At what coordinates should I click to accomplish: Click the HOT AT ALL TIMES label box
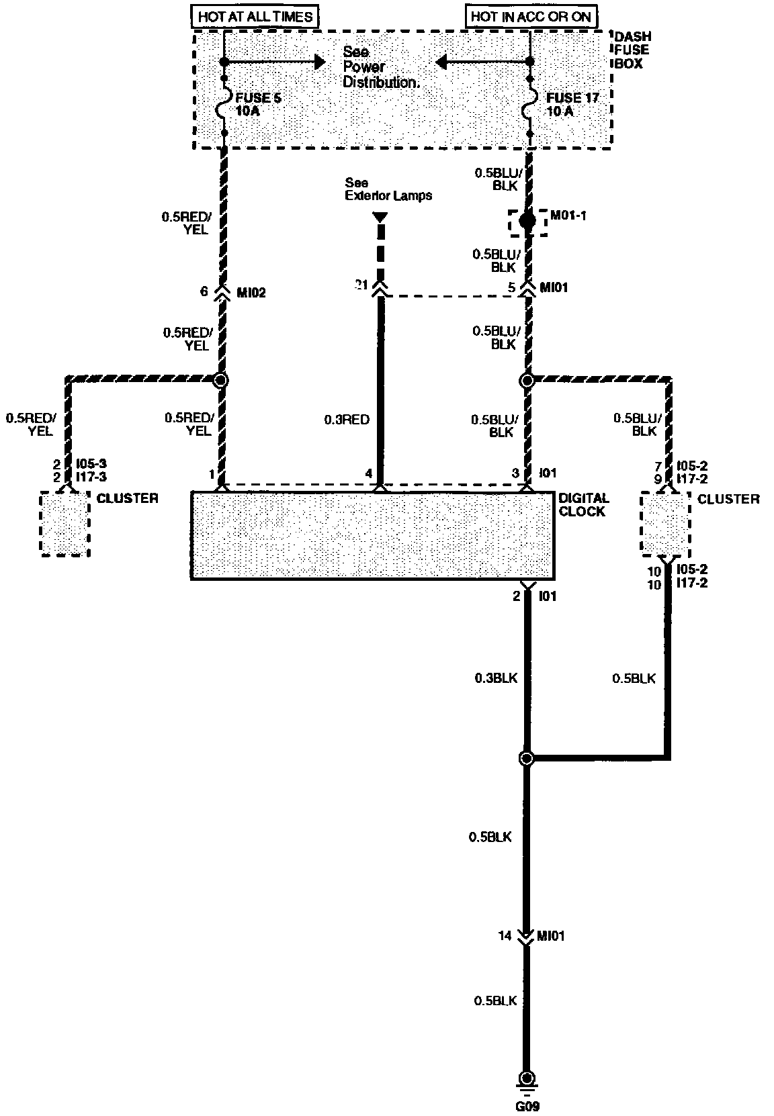(x=255, y=16)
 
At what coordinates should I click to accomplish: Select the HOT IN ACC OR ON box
(x=530, y=16)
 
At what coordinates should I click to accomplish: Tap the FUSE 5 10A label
(x=257, y=104)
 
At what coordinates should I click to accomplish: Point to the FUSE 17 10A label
(x=572, y=104)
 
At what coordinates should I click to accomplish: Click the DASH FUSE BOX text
(x=632, y=50)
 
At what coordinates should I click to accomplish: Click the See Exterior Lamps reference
(x=388, y=189)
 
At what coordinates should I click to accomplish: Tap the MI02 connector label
(x=251, y=293)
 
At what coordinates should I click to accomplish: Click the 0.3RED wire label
(x=347, y=420)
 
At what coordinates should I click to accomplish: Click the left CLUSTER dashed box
(x=64, y=524)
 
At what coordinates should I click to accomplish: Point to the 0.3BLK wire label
(x=496, y=678)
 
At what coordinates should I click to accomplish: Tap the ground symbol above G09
(x=527, y=1080)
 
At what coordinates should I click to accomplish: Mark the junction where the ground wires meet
(x=527, y=758)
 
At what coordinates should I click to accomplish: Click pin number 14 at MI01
(x=505, y=935)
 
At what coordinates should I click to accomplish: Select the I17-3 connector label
(x=91, y=477)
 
